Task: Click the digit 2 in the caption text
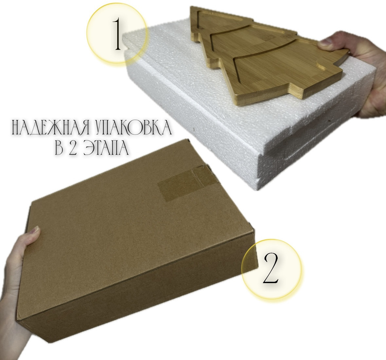(73, 147)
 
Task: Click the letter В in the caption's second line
(59, 147)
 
